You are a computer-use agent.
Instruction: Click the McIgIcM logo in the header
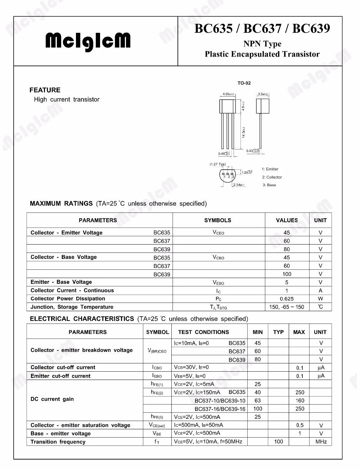[88, 41]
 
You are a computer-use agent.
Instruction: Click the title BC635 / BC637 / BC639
[262, 28]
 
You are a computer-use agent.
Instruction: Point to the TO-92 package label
[244, 83]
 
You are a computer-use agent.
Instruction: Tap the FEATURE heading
[45, 90]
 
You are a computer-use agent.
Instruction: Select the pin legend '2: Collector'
[272, 177]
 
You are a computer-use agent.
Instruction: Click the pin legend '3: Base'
[269, 185]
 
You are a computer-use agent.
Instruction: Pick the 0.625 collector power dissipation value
[287, 299]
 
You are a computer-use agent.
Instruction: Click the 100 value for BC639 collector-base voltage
[287, 274]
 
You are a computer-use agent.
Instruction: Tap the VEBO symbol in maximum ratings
[218, 283]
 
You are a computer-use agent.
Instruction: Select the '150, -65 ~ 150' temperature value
[287, 307]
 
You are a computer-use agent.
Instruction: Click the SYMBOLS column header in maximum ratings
[217, 220]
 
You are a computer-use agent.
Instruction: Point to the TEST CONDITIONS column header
[203, 332]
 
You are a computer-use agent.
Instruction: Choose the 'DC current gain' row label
[52, 399]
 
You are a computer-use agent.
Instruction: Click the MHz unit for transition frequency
[321, 442]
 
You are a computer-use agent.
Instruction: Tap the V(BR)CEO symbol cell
[157, 350]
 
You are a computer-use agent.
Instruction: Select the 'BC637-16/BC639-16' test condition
[220, 409]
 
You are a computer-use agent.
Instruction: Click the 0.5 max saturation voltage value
[300, 425]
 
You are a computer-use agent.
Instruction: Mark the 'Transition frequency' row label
[58, 442]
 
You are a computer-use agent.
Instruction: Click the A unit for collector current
[320, 291]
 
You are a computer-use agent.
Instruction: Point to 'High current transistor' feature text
[67, 99]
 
